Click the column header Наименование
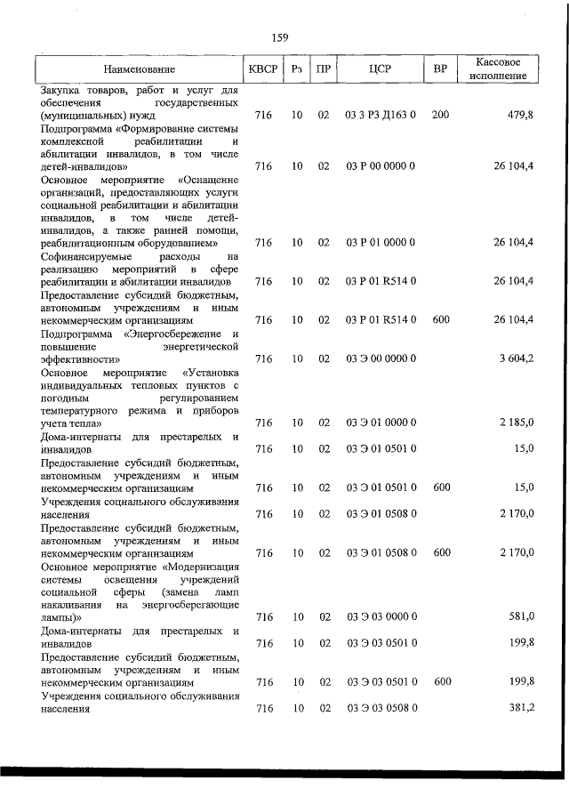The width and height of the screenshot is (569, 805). click(139, 68)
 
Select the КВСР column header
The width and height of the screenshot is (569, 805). click(263, 68)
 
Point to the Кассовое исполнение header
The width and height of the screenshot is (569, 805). click(498, 68)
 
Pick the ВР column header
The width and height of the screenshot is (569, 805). click(439, 68)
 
